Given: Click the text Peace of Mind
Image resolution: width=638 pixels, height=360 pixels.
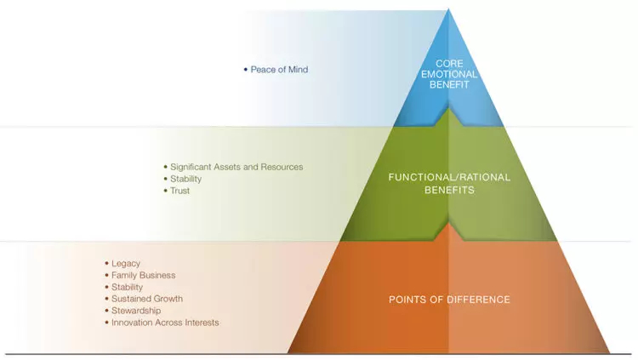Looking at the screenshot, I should tap(279, 70).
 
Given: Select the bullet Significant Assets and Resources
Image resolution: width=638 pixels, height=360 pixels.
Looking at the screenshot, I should tap(236, 167).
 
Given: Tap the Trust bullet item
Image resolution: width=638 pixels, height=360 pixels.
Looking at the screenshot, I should tap(179, 191).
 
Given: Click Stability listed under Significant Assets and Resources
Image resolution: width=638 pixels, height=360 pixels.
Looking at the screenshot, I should tap(185, 179).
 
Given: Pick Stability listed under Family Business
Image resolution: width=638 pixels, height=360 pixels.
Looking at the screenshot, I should tap(128, 288).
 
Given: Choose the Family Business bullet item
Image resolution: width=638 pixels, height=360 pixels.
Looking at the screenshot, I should tap(143, 276).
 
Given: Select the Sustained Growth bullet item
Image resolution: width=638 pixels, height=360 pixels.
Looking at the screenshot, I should tap(146, 300).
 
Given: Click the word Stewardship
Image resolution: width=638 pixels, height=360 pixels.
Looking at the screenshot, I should tap(135, 311).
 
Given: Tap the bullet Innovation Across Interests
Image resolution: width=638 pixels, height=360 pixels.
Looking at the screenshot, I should tap(165, 323).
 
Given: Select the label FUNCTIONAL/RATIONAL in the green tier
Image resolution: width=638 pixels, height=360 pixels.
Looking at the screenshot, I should tap(449, 178).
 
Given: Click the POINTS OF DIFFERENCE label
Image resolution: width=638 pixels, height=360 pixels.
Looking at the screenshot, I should tap(449, 300).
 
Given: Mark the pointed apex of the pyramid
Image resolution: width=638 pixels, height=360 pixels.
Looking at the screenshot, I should tap(448, 11).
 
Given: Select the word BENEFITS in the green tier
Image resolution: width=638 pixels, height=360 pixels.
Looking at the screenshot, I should tap(449, 191).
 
